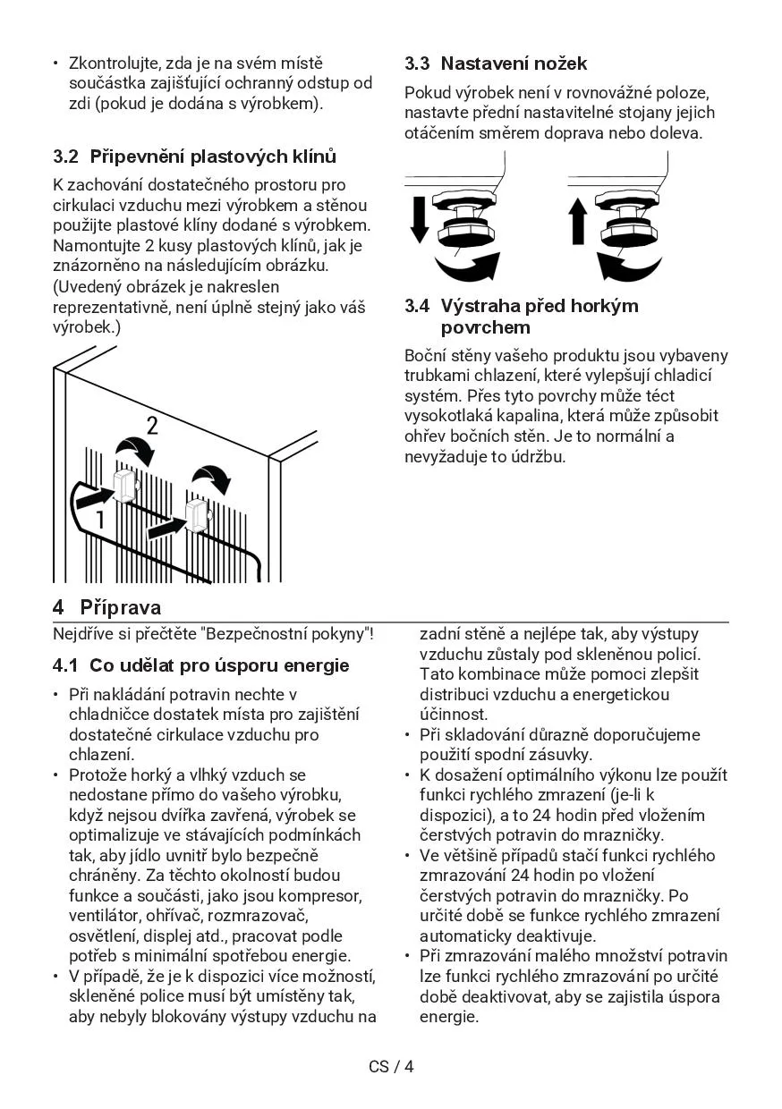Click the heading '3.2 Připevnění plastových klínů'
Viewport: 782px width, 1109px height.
(x=195, y=157)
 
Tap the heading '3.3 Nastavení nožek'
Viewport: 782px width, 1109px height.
(x=496, y=63)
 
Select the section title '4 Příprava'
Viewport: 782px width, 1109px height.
(x=107, y=608)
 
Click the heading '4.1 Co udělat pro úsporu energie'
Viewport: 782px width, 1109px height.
(x=201, y=666)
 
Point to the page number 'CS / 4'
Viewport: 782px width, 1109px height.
(x=391, y=1066)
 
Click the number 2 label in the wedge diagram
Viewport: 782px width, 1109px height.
(x=153, y=426)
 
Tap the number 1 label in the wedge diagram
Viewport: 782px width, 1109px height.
(x=101, y=519)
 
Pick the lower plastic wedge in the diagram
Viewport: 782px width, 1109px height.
(x=196, y=516)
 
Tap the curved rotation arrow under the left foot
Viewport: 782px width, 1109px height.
(x=466, y=267)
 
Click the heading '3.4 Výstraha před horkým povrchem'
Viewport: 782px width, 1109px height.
(x=522, y=316)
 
